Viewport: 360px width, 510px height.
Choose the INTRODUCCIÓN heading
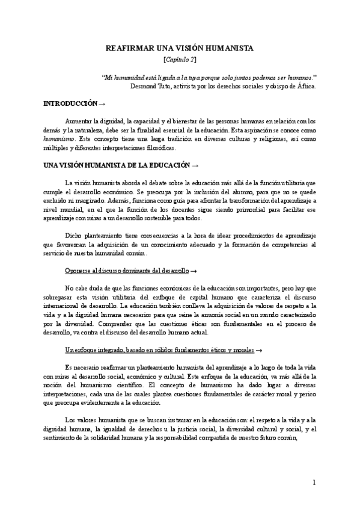click(x=70, y=103)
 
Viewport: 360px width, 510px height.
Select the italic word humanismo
click(x=58, y=138)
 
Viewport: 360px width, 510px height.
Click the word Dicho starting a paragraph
click(x=73, y=236)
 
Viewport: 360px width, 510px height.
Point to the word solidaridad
click(x=110, y=438)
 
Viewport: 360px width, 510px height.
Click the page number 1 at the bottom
click(x=314, y=483)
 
